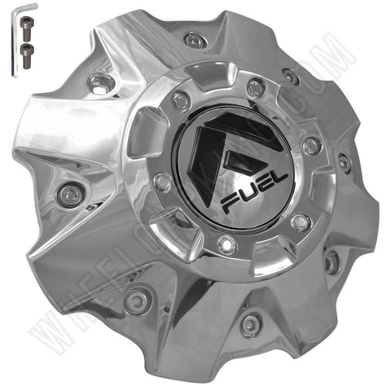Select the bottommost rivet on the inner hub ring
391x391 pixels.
click(x=226, y=241)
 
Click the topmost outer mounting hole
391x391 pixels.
click(x=192, y=39)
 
